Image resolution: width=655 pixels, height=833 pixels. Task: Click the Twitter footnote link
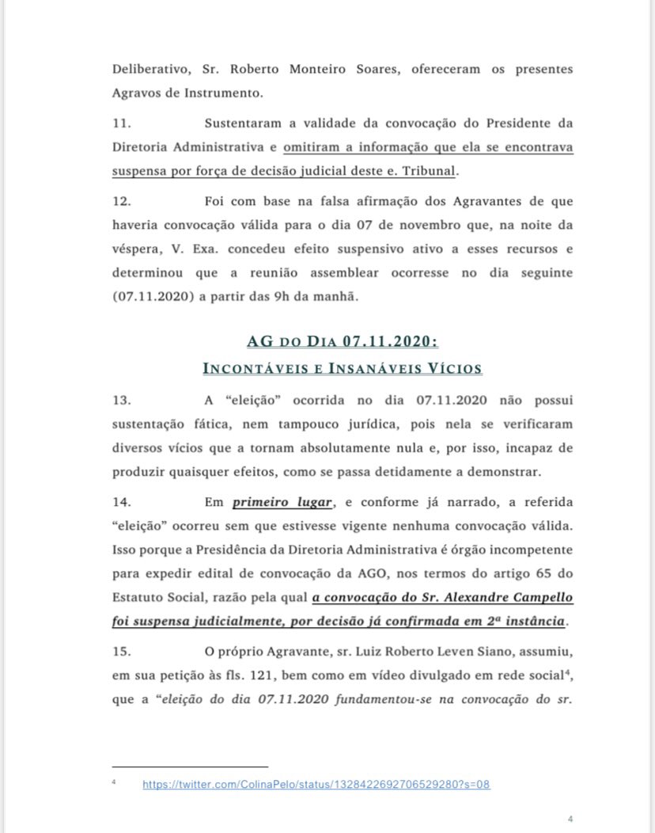[x=316, y=784]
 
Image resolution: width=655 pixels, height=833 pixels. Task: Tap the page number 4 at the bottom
[x=570, y=819]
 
